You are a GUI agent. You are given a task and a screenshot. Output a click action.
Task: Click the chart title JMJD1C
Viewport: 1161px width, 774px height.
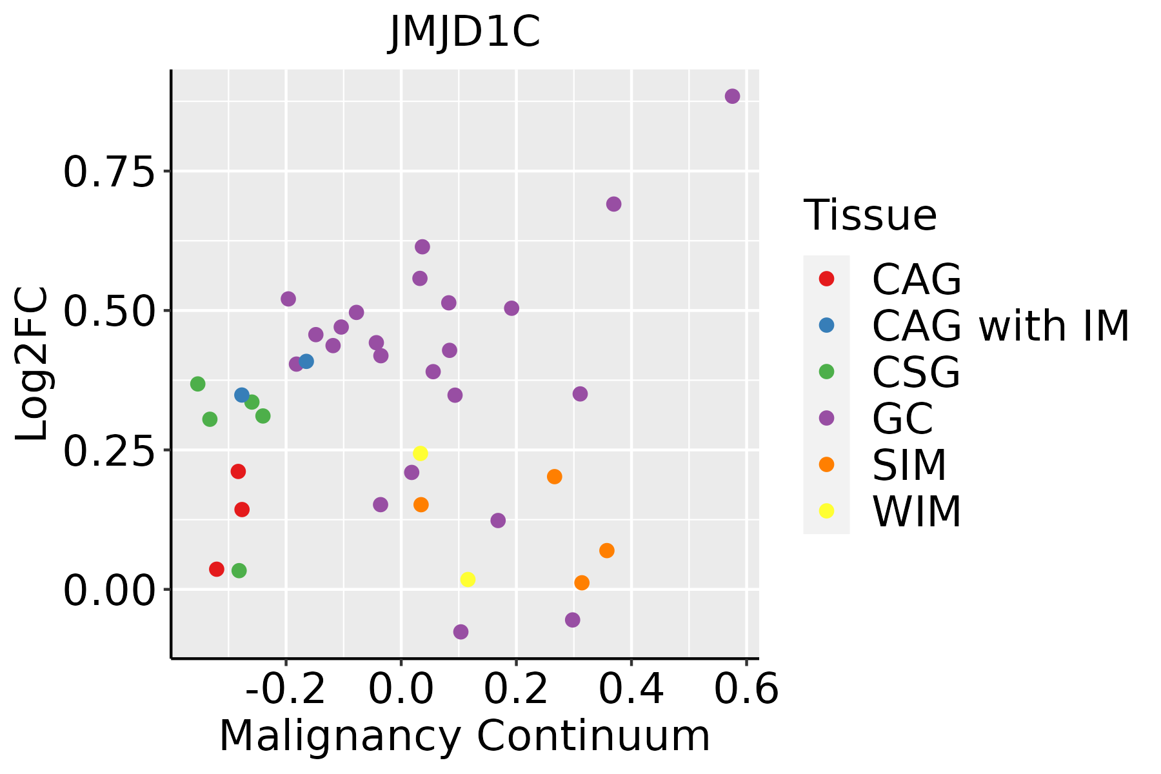coord(464,32)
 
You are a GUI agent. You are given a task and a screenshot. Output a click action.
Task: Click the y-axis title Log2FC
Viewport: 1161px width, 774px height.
coord(32,364)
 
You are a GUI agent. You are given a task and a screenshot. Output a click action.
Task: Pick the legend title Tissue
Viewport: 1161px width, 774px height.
coord(870,215)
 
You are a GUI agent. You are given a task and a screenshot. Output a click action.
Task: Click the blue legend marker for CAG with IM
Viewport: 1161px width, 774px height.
coord(826,325)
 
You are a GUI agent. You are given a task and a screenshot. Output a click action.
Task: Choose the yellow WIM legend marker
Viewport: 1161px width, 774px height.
coord(826,511)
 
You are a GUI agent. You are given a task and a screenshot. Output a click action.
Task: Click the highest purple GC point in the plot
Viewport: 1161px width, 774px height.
coord(732,96)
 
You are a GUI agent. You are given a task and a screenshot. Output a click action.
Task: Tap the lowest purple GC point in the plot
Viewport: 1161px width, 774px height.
coord(461,631)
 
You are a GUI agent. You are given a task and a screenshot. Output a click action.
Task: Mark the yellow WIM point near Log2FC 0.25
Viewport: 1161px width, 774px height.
coord(420,453)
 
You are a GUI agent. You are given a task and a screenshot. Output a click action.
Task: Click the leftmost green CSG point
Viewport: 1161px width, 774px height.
coord(198,384)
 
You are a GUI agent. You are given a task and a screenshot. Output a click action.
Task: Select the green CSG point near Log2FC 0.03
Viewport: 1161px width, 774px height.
coord(239,570)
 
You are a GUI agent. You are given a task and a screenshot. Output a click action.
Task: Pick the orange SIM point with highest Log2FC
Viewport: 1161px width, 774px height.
coord(554,477)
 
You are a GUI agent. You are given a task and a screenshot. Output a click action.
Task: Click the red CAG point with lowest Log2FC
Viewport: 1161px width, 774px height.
coord(217,569)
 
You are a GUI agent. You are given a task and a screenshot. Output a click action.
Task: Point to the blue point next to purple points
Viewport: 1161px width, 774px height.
coord(306,361)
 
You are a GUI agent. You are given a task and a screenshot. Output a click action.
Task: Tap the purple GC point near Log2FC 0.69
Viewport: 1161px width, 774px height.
coord(613,204)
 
